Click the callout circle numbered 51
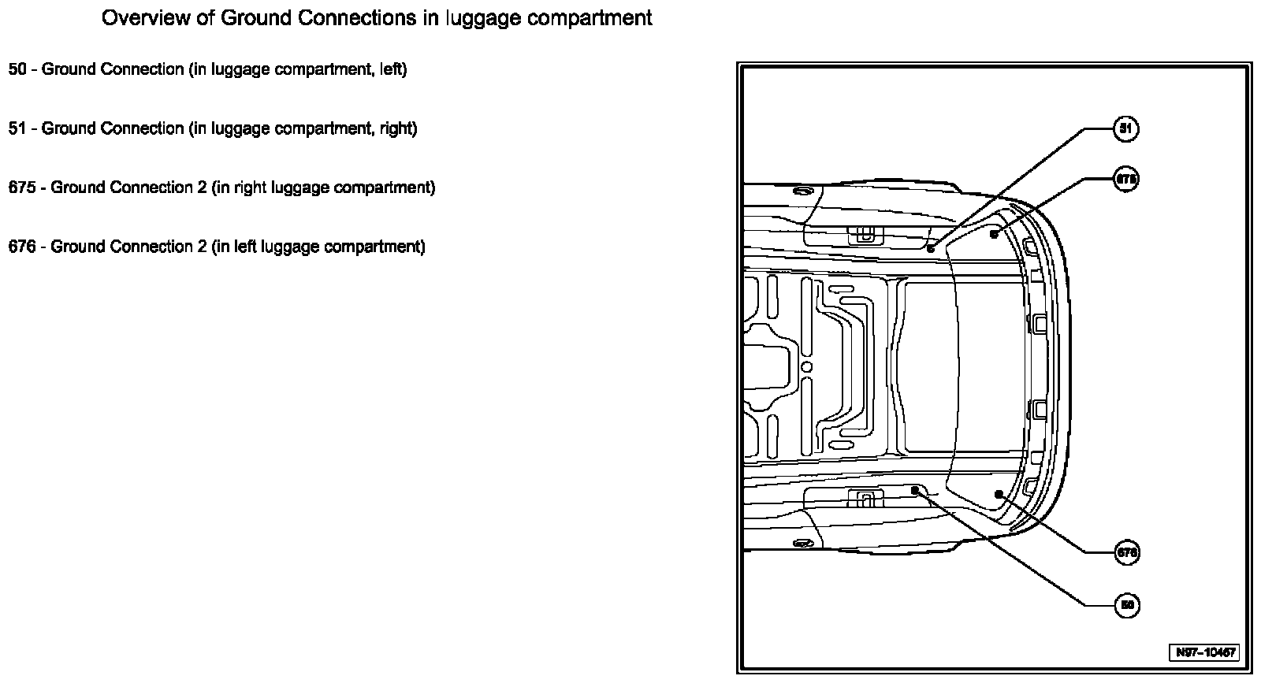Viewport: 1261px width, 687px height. point(1125,128)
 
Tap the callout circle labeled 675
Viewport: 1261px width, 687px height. point(1125,180)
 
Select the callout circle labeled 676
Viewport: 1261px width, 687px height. point(1127,553)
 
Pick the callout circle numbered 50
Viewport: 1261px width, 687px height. point(1127,605)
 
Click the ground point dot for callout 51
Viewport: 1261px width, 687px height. point(931,248)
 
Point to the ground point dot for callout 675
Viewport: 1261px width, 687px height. point(995,234)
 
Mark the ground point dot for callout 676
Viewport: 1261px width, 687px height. point(999,494)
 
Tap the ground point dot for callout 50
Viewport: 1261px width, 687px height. point(915,490)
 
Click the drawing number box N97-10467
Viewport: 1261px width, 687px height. point(1203,652)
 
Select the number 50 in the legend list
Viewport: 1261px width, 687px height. point(17,69)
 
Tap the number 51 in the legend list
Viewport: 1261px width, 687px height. point(17,128)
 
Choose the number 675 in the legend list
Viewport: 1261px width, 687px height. point(22,188)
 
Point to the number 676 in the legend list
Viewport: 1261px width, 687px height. point(22,247)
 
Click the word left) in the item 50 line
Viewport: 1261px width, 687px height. point(392,69)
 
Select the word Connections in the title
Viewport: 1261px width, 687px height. point(348,18)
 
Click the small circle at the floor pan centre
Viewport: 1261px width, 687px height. point(806,367)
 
